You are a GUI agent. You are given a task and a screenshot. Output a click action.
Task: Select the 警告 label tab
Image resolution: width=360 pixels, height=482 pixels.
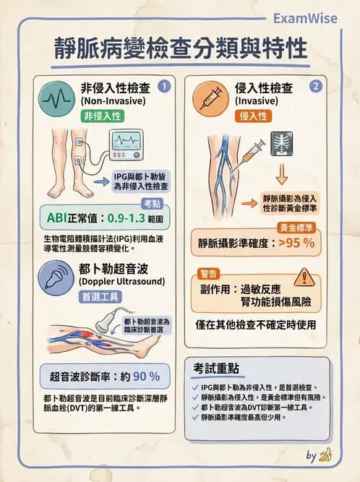(x=209, y=273)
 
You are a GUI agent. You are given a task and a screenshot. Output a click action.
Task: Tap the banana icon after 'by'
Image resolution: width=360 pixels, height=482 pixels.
(x=326, y=455)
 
